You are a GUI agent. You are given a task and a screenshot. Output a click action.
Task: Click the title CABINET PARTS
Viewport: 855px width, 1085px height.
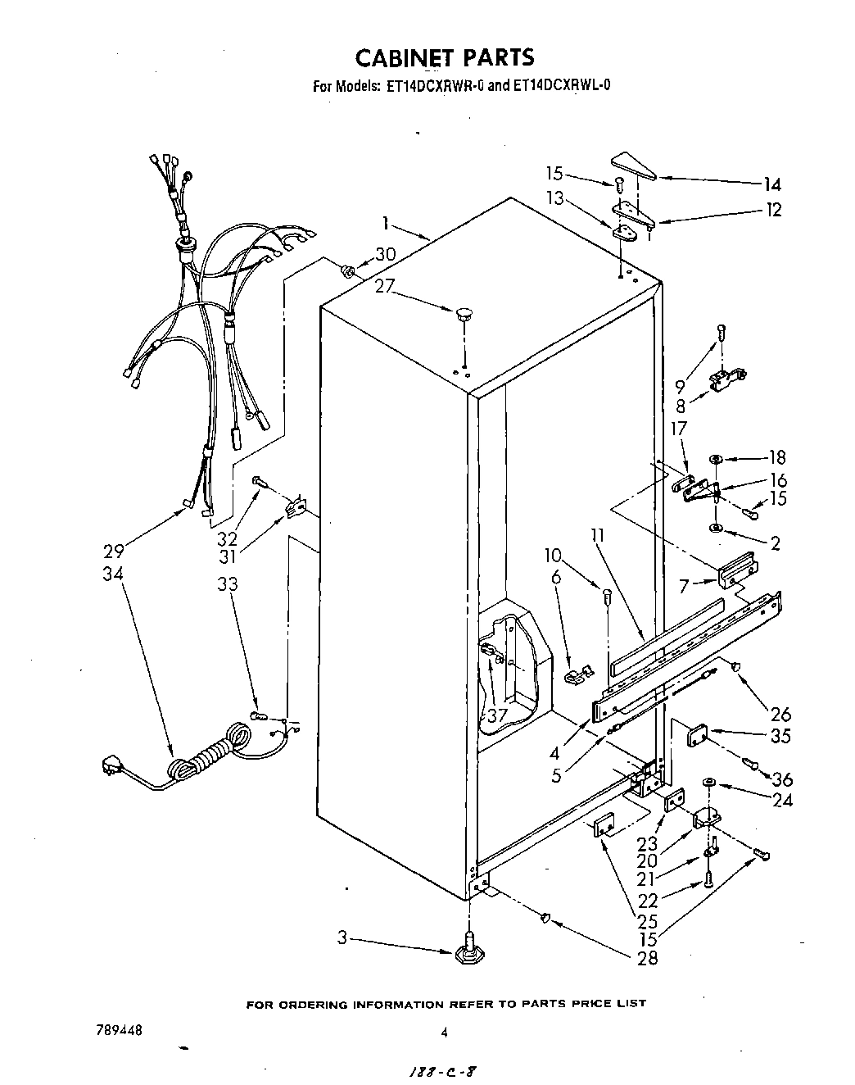[x=445, y=57]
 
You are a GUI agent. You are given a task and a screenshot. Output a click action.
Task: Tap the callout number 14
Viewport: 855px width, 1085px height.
[x=771, y=185]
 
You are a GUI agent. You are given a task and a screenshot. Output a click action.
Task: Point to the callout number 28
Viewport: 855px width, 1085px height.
[x=647, y=957]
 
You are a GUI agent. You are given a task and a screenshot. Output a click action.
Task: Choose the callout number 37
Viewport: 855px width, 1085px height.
[x=496, y=715]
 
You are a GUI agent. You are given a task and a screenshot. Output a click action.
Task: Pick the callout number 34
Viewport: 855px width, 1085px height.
[x=113, y=574]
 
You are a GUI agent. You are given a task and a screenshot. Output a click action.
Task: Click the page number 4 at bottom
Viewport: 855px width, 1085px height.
[x=444, y=1033]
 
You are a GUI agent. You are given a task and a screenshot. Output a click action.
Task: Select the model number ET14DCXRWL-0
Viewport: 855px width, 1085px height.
[x=561, y=84]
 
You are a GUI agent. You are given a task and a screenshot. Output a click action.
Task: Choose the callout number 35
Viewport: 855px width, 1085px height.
[x=780, y=735]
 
